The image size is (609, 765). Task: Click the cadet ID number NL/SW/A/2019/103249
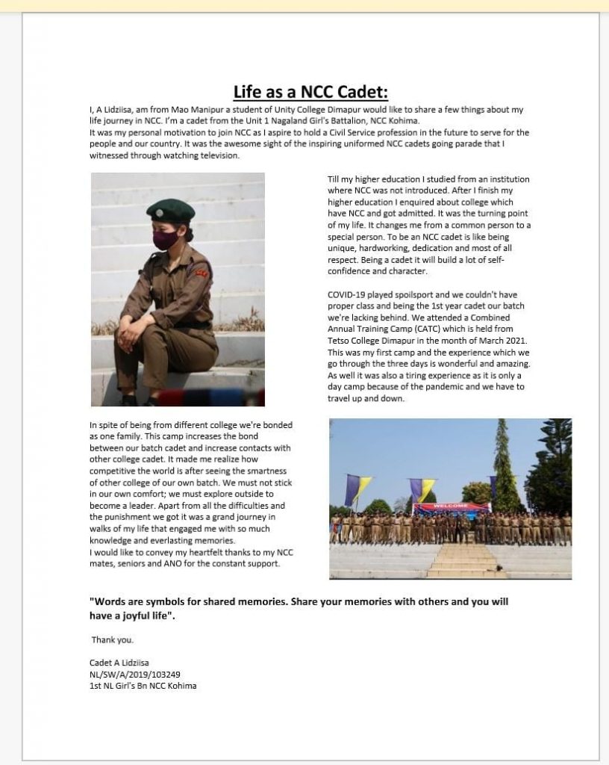(x=131, y=674)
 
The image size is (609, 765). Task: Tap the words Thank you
(x=113, y=640)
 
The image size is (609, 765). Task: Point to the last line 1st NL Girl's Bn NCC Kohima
(x=142, y=685)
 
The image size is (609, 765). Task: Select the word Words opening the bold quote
(x=113, y=601)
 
